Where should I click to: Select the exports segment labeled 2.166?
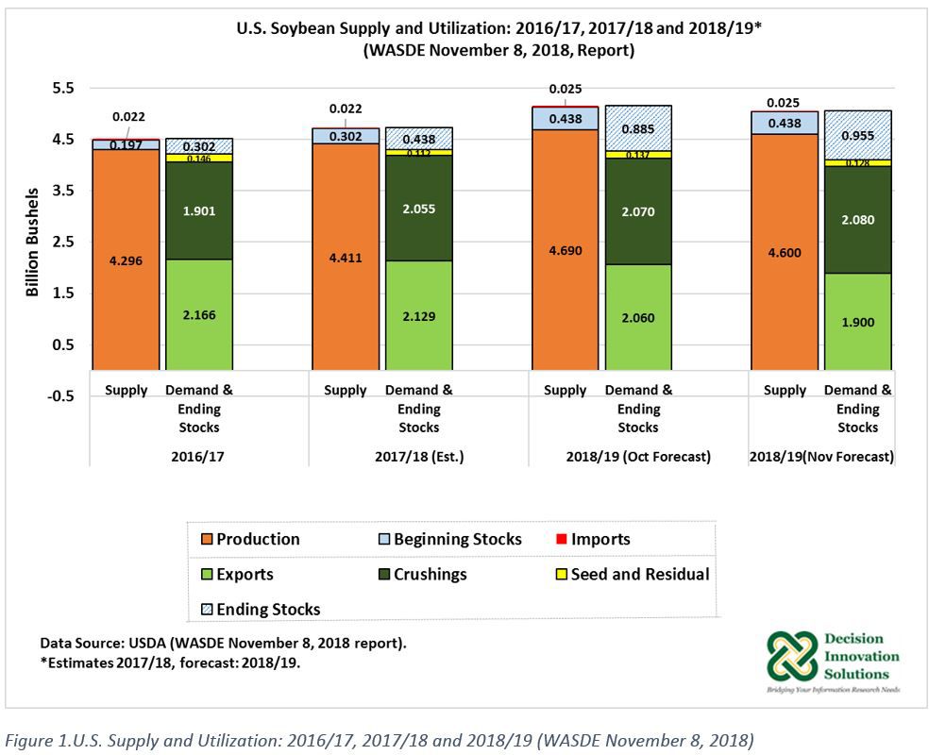coord(199,314)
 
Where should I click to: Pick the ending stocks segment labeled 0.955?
coord(858,135)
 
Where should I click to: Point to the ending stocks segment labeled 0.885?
coord(638,128)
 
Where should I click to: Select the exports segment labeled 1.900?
coord(858,322)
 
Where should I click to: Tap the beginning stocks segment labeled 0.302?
coord(345,135)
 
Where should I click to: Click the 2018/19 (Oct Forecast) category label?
coord(637,456)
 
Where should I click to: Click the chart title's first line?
coord(498,29)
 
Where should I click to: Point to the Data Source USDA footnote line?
coord(223,643)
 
